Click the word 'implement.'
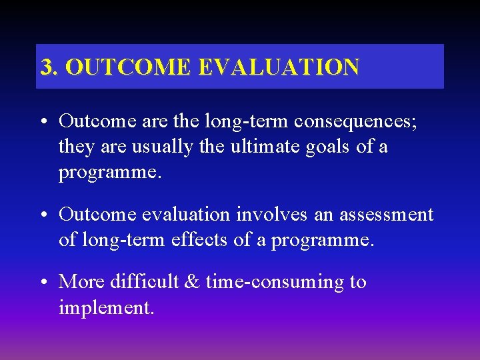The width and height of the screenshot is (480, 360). pos(106,308)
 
